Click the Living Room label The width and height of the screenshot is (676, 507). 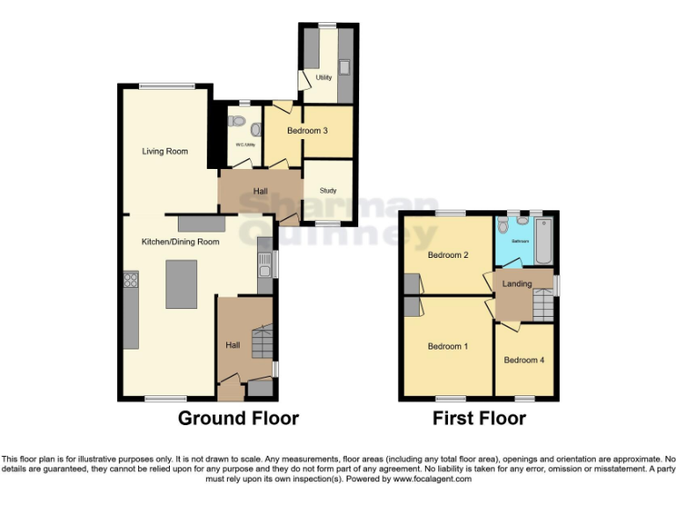click(x=165, y=151)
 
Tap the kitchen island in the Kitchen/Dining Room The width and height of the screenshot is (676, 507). click(x=181, y=283)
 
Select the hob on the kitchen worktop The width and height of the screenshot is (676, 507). click(x=131, y=281)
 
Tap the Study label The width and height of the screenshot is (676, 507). click(x=327, y=190)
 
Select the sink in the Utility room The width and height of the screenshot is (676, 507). click(x=344, y=67)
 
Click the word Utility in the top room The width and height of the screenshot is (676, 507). click(x=323, y=77)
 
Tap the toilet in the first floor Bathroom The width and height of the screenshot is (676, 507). click(x=503, y=226)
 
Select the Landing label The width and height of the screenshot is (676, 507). click(x=517, y=283)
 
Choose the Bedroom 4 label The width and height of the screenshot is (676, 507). click(x=524, y=360)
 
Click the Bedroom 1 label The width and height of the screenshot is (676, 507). click(x=448, y=346)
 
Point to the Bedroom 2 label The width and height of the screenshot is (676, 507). click(x=447, y=255)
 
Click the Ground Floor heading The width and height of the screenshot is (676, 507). click(x=239, y=418)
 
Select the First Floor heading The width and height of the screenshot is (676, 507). click(x=479, y=418)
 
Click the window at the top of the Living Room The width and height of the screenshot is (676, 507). click(x=166, y=85)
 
